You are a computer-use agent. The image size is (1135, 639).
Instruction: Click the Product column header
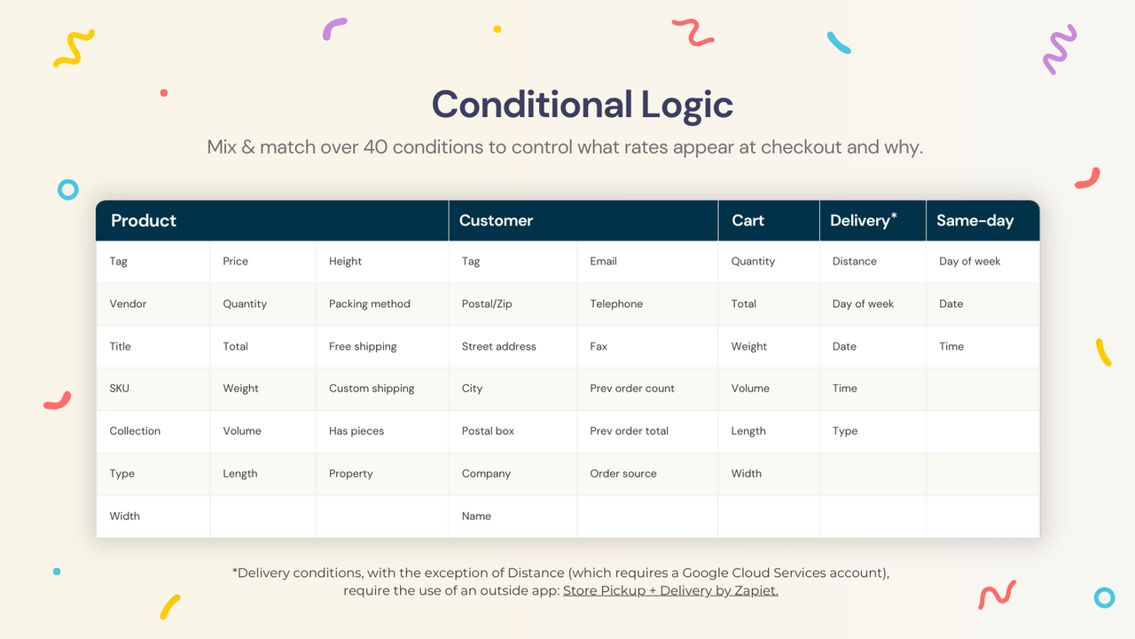pos(144,221)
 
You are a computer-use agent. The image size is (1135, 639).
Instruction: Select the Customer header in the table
pos(496,221)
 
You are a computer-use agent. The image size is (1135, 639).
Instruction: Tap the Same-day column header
pos(975,221)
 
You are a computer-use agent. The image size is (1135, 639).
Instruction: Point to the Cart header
pos(748,221)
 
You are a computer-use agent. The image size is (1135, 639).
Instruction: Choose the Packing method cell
pos(369,304)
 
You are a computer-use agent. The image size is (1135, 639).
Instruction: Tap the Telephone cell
pos(616,304)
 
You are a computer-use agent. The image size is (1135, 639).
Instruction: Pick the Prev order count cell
pos(632,389)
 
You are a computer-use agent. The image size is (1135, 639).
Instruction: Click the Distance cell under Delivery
pos(854,261)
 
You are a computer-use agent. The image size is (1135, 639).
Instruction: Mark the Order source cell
pos(623,474)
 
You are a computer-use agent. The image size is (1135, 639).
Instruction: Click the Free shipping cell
pos(363,346)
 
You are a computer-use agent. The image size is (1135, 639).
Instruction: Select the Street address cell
pos(498,346)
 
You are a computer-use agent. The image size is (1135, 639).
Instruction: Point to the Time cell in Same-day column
pos(951,346)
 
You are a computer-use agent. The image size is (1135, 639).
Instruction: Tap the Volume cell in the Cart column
pos(750,389)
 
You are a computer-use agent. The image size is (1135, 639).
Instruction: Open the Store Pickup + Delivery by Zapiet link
pos(670,590)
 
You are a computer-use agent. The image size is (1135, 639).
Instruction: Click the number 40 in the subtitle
pos(375,146)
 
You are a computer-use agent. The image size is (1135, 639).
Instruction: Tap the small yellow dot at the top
pos(497,29)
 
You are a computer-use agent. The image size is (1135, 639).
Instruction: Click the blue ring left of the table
pos(68,189)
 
